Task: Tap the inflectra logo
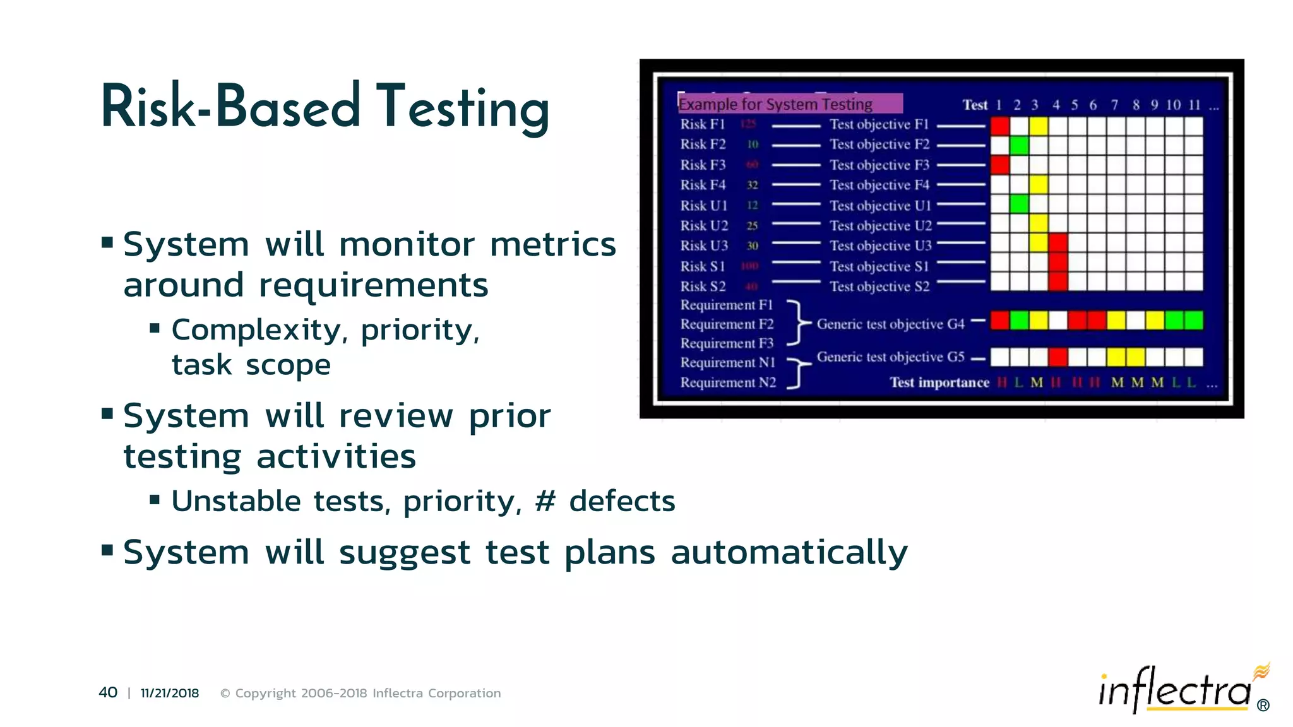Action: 1176,690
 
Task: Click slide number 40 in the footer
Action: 108,692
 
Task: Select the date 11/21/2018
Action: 169,693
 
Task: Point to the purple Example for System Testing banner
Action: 789,103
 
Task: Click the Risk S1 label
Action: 702,266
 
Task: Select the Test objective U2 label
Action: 880,226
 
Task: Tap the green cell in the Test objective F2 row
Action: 1019,146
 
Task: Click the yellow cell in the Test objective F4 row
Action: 1038,185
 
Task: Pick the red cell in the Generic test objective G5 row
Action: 1058,357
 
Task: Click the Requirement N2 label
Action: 727,382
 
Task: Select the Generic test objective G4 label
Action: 890,324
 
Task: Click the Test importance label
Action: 939,382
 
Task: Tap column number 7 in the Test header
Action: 1114,105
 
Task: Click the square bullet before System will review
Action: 107,414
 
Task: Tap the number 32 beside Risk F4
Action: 752,186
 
